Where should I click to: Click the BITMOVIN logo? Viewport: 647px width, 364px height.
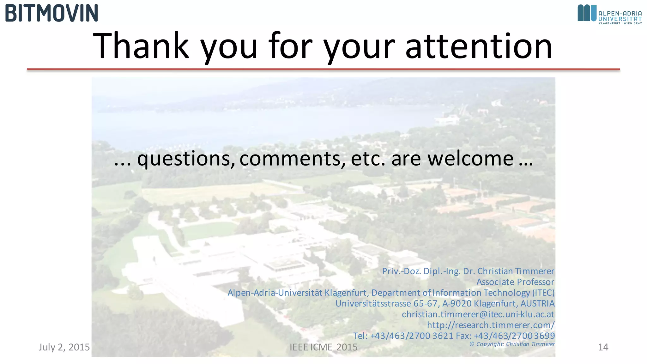coord(51,13)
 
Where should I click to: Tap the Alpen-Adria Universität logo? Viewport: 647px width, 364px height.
coord(609,15)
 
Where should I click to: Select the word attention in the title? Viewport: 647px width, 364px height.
coord(479,46)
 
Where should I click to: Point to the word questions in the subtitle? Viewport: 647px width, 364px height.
coord(184,159)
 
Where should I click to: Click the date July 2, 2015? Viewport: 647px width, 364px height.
coord(64,347)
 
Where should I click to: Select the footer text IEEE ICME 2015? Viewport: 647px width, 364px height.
coord(323,347)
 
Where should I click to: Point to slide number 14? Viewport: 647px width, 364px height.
coord(603,347)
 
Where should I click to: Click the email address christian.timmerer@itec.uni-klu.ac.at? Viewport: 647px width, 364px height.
coord(478,314)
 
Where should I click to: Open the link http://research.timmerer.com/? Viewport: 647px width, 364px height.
coord(491,325)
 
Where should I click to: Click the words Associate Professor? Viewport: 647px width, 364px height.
coord(515,282)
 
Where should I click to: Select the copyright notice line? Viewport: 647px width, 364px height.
coord(512,344)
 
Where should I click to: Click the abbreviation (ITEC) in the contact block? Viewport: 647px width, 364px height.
coord(543,293)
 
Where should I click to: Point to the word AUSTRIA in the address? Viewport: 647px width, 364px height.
coord(537,303)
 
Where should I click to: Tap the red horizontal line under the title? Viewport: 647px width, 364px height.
coord(323,69)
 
